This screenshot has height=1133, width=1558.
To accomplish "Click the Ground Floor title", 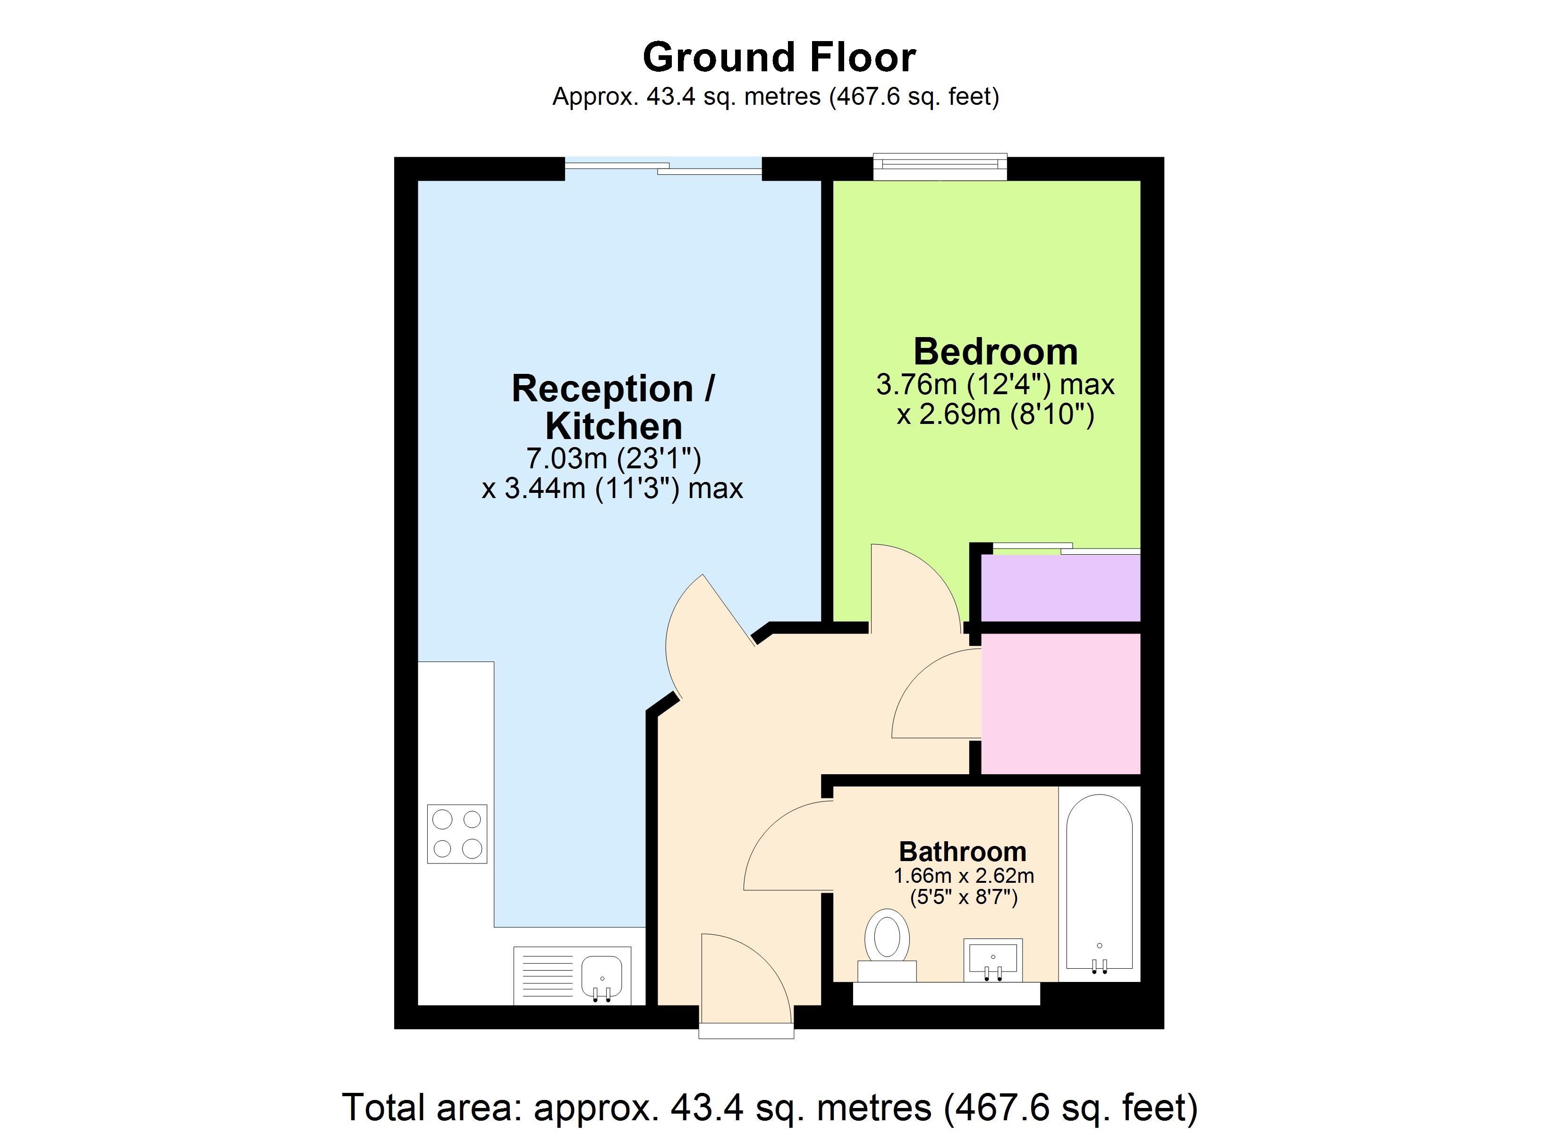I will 779,57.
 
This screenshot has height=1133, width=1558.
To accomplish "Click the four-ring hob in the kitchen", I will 457,834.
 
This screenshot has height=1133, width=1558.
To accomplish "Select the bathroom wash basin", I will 993,959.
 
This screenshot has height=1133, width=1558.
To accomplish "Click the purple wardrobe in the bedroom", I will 1060,587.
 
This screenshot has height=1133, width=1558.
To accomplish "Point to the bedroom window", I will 939,167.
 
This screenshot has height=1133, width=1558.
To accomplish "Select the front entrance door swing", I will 749,976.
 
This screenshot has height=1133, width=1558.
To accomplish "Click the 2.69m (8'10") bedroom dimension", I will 995,414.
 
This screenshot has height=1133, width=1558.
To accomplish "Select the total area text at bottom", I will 770,1107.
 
